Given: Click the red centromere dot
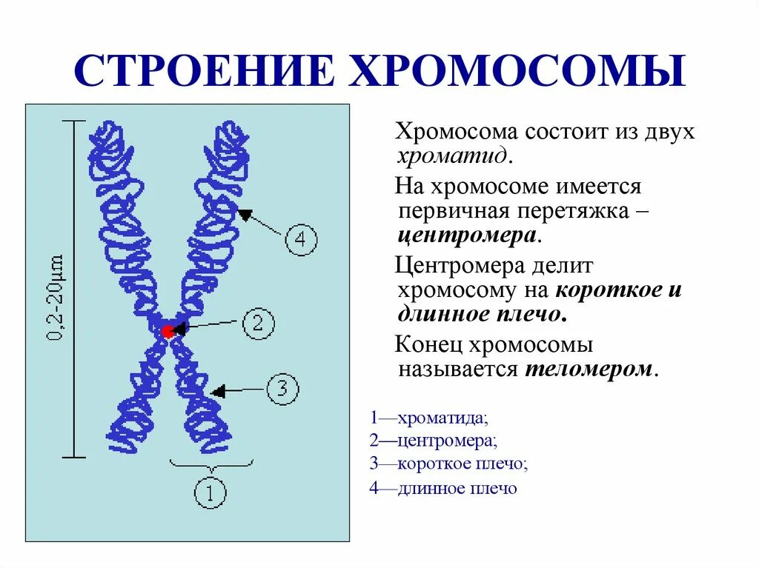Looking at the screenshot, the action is click(168, 331).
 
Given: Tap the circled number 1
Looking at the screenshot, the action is click(211, 492).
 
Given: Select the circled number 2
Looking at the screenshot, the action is click(258, 324).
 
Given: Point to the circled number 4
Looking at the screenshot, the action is click(300, 239).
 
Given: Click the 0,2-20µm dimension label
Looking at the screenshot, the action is click(56, 298).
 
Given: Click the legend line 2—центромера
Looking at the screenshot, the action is click(434, 441).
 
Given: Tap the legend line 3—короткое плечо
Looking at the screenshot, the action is click(449, 464).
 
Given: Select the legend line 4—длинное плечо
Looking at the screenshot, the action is click(443, 488).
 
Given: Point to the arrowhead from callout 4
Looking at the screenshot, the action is click(243, 215).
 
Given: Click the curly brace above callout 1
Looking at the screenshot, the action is click(211, 465).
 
